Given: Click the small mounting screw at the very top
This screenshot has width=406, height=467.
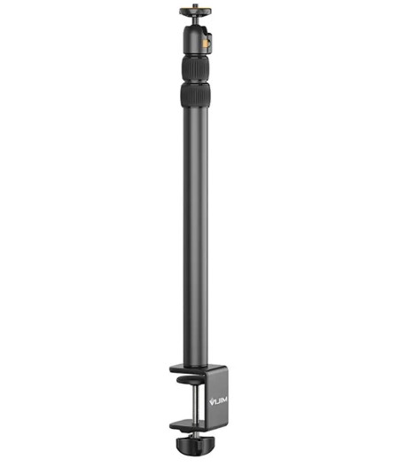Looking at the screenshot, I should click(x=196, y=7).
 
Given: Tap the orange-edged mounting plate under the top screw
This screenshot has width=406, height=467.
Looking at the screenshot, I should click(x=196, y=15).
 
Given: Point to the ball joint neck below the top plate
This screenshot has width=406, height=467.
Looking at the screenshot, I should click(x=196, y=23).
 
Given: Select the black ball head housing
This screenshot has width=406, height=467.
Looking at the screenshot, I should click(x=197, y=40).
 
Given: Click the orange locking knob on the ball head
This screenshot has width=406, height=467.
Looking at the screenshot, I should click(x=208, y=40).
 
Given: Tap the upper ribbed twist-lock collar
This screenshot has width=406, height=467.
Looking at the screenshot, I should click(x=197, y=67).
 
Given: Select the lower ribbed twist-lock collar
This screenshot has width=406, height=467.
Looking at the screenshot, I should click(x=197, y=95).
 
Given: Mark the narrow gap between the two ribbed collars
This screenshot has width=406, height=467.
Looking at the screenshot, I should click(x=197, y=82).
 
